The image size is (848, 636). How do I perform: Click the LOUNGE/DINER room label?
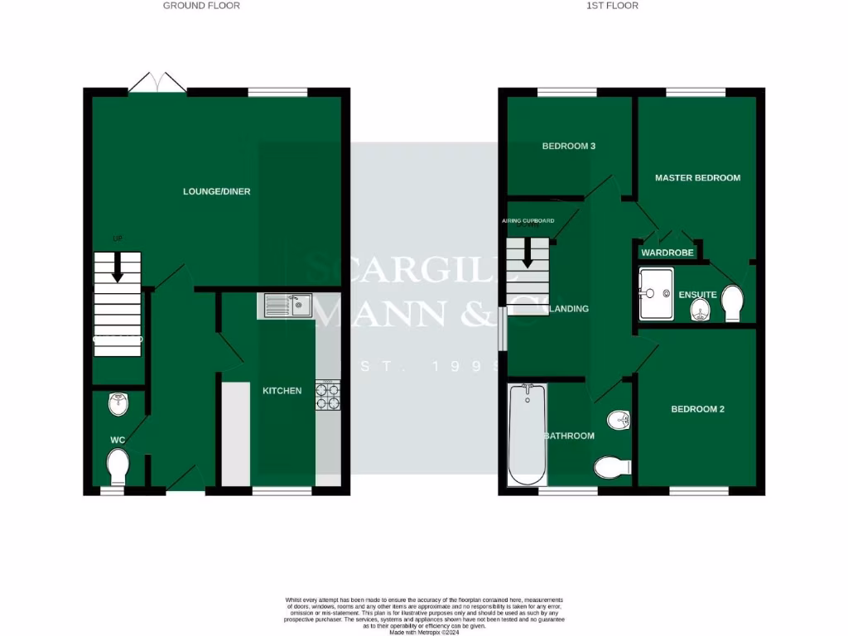click(x=216, y=192)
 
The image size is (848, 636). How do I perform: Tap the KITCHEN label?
click(x=282, y=391)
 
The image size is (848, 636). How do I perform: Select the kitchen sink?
click(x=287, y=306)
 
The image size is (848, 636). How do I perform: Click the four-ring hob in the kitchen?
click(x=328, y=395)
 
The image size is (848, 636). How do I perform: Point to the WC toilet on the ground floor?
click(x=118, y=467)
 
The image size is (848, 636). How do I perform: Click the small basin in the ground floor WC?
click(x=119, y=404)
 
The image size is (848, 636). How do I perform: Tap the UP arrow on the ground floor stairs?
click(x=117, y=263)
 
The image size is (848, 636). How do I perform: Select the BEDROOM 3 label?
click(x=569, y=147)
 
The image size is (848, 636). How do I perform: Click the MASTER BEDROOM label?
click(x=697, y=178)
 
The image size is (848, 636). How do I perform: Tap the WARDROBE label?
click(x=667, y=253)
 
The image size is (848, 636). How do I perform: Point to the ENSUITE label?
click(x=697, y=295)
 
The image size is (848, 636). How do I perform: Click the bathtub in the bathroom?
click(x=527, y=435)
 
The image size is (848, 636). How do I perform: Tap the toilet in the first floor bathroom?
click(x=612, y=468)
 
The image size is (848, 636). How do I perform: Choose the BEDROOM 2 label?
click(x=697, y=409)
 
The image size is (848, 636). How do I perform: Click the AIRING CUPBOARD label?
click(x=528, y=221)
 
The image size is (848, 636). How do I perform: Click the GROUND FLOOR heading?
click(x=201, y=6)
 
